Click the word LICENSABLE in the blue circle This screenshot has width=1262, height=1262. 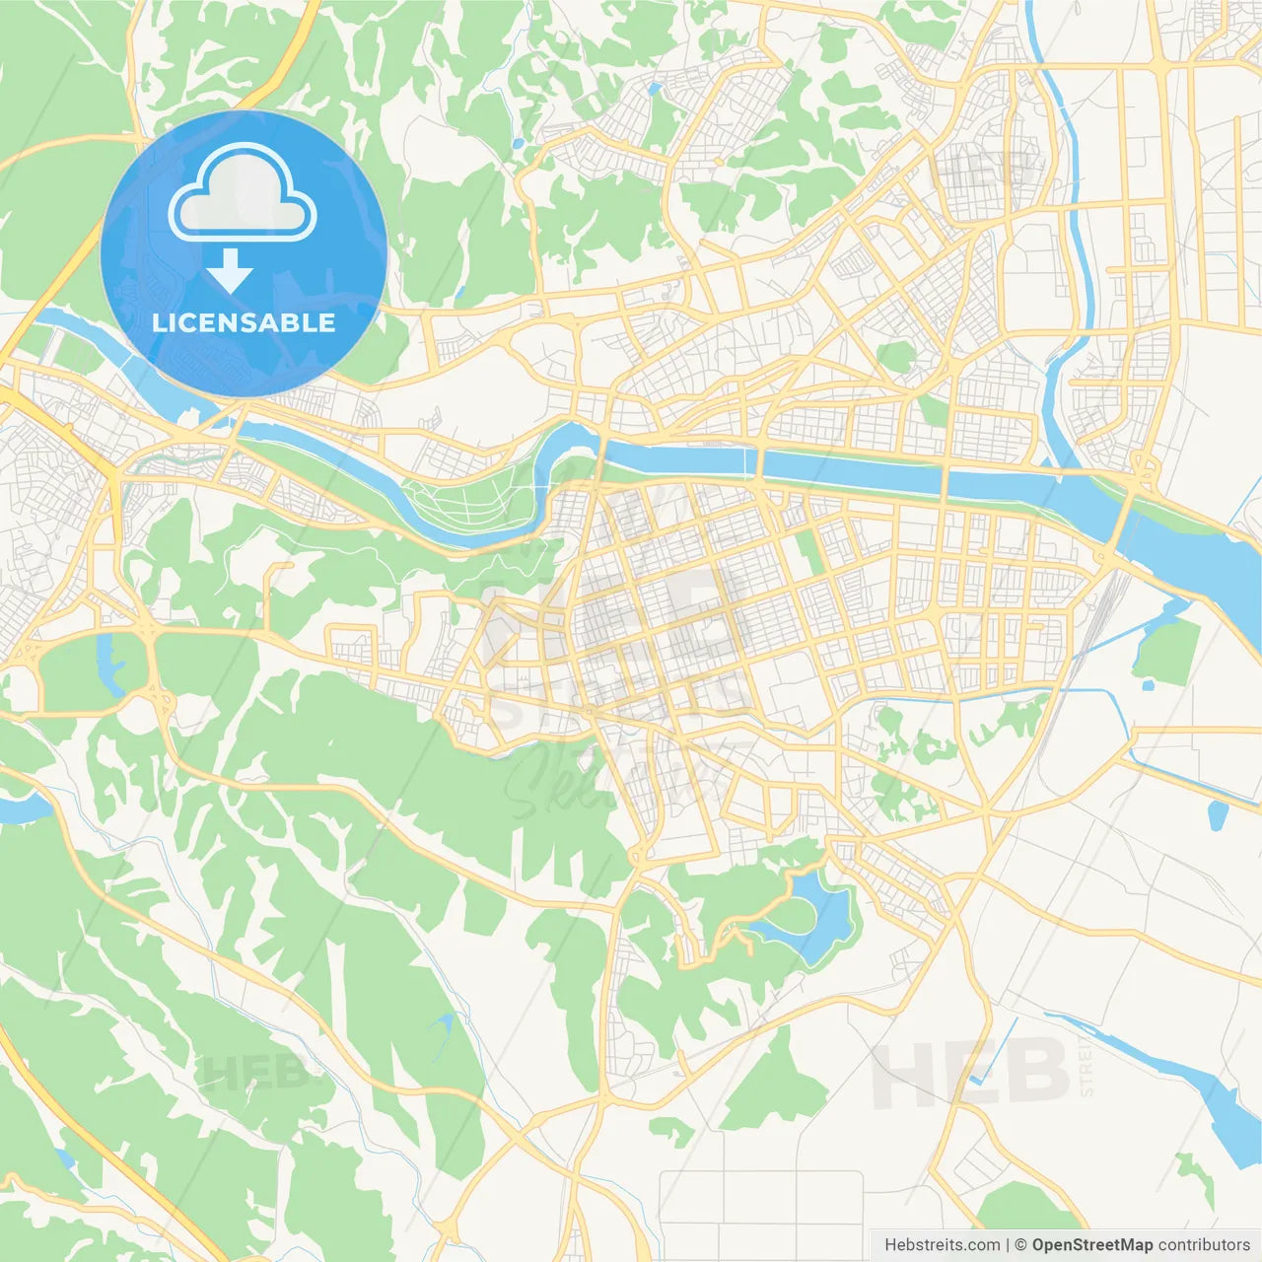coord(244,323)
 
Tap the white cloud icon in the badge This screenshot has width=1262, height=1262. coord(243,194)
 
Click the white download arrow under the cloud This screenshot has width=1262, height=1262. coord(230,271)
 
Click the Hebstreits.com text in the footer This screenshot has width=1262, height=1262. coord(942,1245)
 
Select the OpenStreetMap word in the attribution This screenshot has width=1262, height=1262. coord(1091,1245)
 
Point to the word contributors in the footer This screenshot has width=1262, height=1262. coord(1203,1245)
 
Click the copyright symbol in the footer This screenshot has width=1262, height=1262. coord(1021,1245)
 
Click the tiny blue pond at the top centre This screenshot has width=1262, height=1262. coord(654,89)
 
